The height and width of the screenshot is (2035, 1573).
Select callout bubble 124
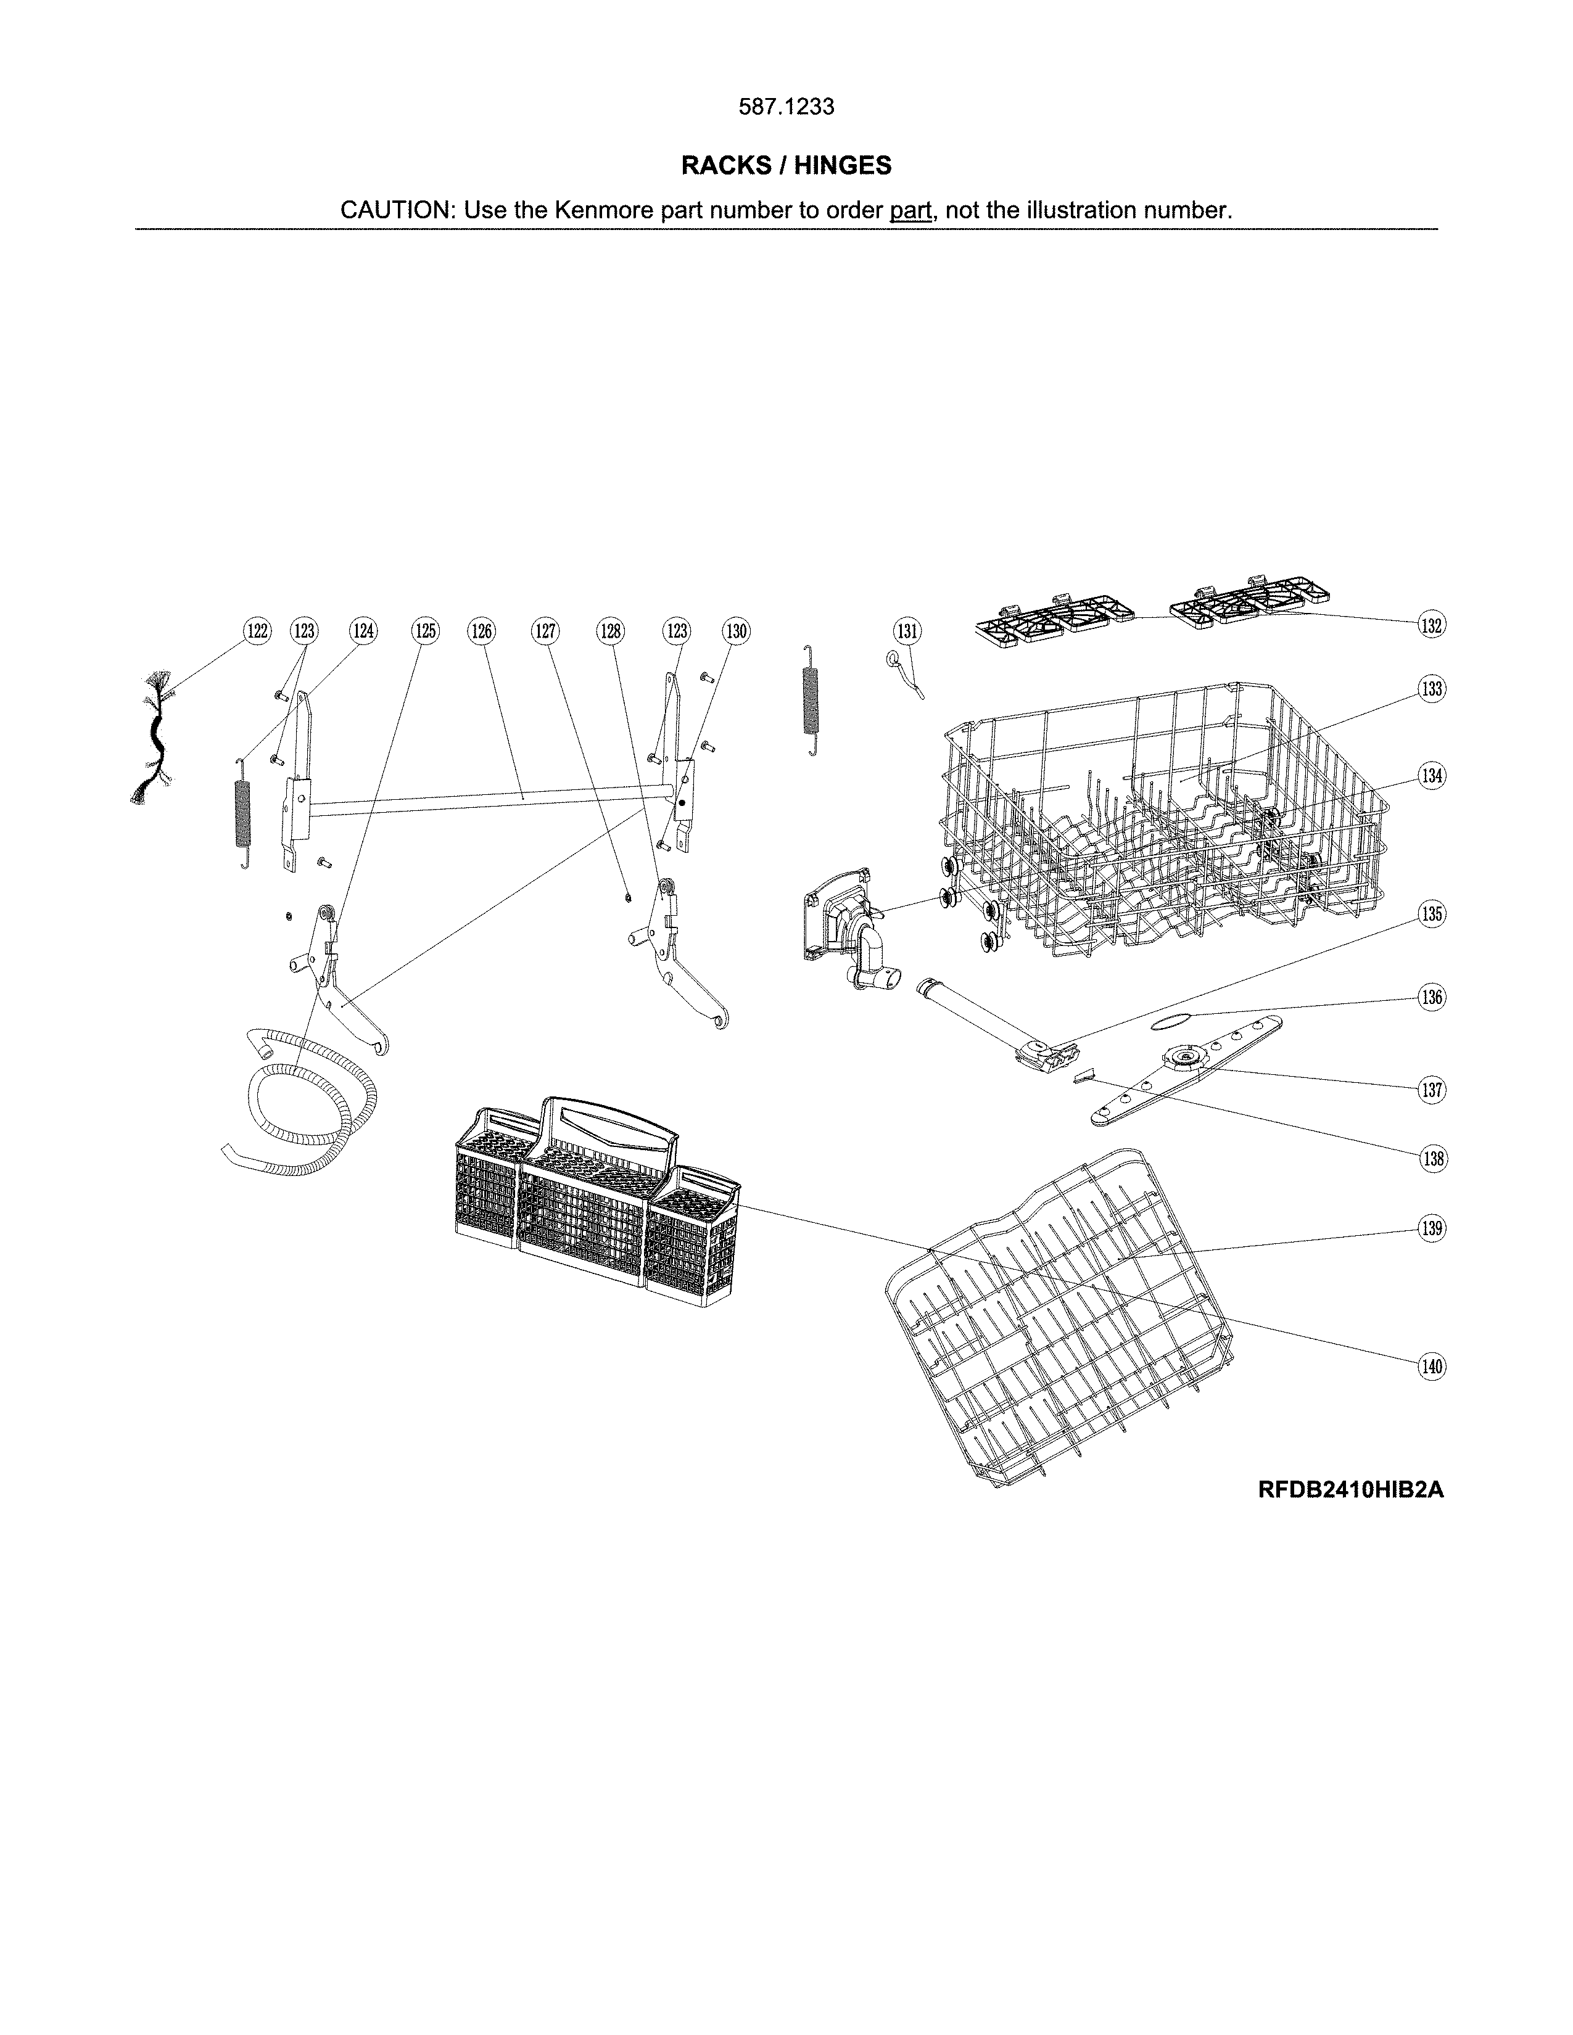(x=363, y=631)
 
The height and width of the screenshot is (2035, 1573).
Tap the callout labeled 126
(x=481, y=631)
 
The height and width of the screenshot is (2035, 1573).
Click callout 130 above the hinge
(x=736, y=631)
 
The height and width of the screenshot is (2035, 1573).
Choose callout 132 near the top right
(x=1431, y=625)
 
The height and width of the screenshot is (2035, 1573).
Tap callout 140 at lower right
(x=1431, y=1367)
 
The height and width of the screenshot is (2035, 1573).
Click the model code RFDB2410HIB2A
(x=1350, y=1490)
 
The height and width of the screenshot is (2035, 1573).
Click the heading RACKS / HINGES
(x=785, y=166)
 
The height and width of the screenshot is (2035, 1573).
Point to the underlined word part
(x=910, y=210)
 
